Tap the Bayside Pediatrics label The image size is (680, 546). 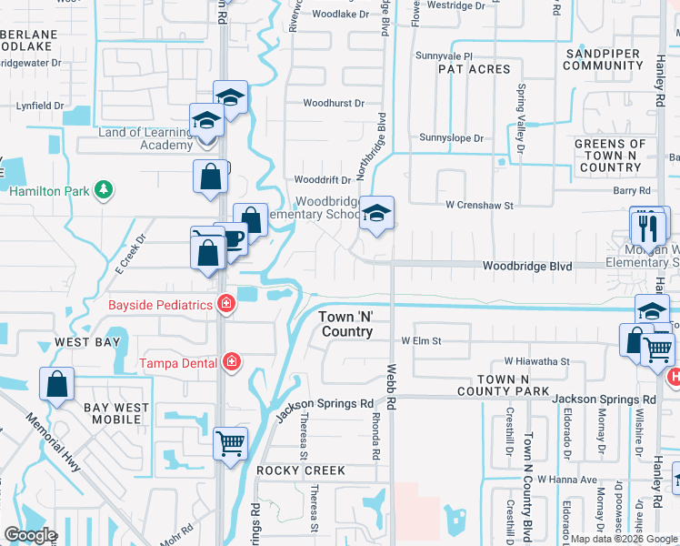pos(160,305)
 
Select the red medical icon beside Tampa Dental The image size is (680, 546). pos(232,362)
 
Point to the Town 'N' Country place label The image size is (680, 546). pos(347,324)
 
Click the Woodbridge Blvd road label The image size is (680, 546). pos(527,266)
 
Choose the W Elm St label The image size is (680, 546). pos(421,341)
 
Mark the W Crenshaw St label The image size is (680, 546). pos(480,206)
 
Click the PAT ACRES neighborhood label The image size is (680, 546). pos(475,69)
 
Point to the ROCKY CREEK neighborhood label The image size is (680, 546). pos(301,470)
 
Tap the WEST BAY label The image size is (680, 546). pos(86,342)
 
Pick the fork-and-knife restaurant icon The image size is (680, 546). pos(649,227)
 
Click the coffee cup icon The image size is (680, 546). pos(232,239)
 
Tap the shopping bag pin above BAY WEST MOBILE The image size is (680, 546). pos(57,383)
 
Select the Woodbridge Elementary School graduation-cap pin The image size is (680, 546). pos(375,214)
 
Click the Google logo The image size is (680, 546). pos(31,535)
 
